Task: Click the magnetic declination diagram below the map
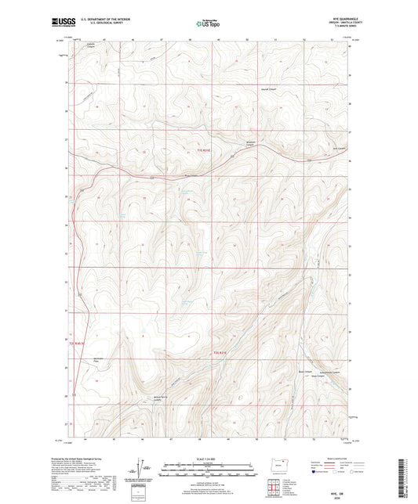point(142,471)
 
